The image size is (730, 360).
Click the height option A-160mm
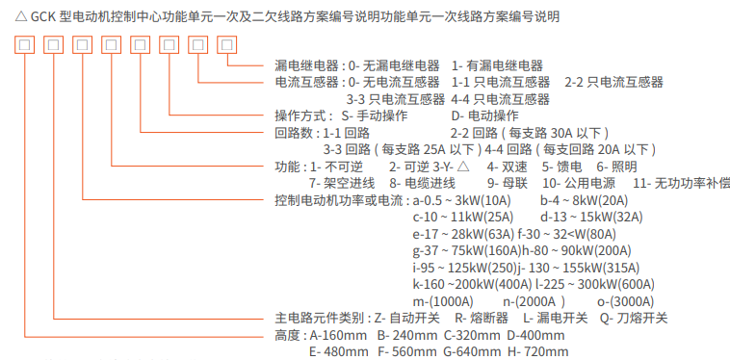point(340,335)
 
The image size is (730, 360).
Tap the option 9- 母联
point(508,182)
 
